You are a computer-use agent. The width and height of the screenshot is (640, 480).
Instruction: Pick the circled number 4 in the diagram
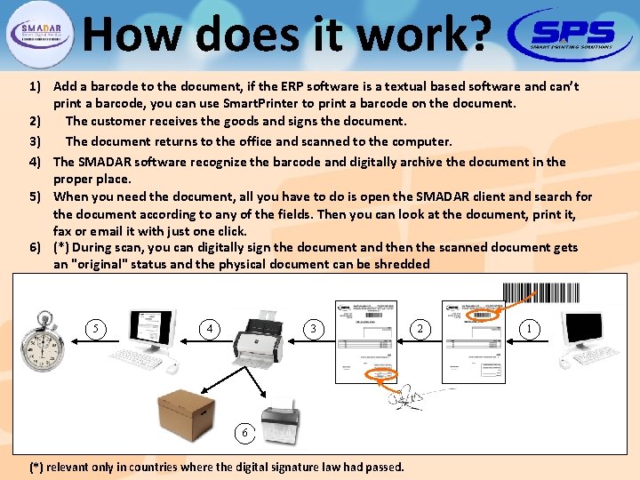click(x=210, y=329)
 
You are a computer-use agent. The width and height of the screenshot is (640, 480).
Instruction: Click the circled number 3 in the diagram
click(x=312, y=329)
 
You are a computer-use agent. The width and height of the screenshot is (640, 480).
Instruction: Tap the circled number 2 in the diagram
click(x=420, y=329)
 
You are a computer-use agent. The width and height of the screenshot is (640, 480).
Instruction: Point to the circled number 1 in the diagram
click(x=531, y=329)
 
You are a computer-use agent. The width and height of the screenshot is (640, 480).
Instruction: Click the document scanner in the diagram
click(x=262, y=339)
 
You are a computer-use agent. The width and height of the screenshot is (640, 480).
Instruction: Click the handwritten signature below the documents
click(x=409, y=396)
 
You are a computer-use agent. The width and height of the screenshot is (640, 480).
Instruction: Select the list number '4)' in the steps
click(x=36, y=162)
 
